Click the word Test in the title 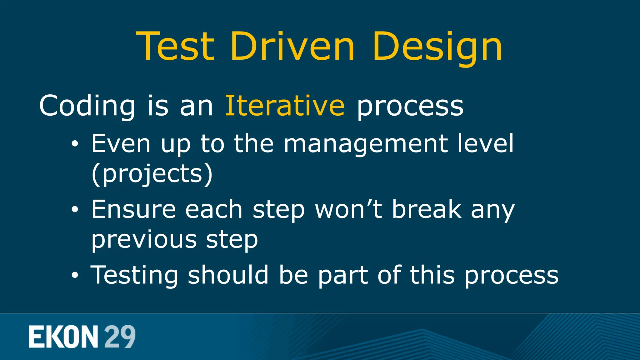[176, 47]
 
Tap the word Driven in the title [292, 47]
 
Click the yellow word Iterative [285, 106]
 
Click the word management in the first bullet [366, 144]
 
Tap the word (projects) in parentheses [152, 174]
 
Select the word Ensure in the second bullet [133, 209]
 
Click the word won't [348, 209]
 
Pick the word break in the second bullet [427, 209]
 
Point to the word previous [144, 240]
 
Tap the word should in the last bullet [228, 275]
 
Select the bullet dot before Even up [75, 144]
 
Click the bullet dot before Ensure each [75, 210]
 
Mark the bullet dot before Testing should [75, 276]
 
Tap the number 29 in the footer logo [120, 337]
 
